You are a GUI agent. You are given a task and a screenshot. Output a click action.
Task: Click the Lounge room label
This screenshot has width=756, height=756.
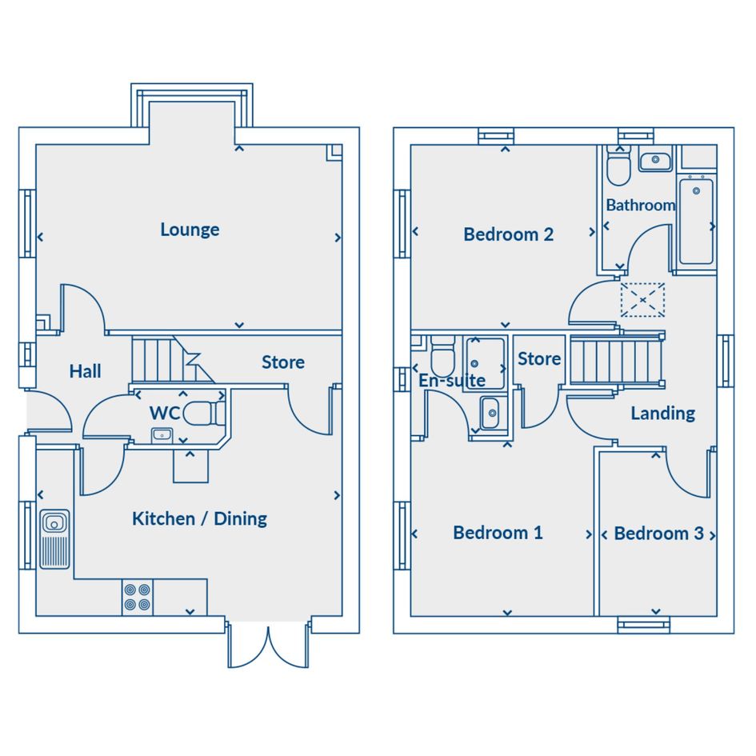[190, 230]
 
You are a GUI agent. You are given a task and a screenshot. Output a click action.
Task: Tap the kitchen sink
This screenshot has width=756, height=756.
[54, 539]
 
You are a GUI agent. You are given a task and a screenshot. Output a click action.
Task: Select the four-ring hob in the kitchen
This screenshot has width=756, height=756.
[137, 598]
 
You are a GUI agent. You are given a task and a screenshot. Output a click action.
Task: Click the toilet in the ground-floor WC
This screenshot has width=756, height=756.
[204, 413]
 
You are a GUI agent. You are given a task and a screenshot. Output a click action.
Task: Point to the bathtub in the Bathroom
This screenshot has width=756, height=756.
[696, 222]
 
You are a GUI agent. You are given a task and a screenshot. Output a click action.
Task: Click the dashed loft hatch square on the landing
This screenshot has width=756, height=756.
[642, 300]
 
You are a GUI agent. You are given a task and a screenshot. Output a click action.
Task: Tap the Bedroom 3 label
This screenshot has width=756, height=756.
[658, 534]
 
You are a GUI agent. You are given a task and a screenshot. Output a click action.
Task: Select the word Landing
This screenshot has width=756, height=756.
[663, 414]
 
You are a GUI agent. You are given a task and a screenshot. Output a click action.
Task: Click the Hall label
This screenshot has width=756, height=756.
[85, 371]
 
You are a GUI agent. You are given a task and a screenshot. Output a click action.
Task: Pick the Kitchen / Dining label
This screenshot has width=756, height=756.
[199, 518]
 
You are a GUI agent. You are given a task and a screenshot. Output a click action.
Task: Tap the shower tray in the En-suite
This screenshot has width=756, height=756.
[485, 363]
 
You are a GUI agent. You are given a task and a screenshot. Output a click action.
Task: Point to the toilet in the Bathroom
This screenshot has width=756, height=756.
[618, 166]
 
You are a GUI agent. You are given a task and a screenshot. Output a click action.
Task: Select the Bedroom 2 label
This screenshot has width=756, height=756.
[508, 234]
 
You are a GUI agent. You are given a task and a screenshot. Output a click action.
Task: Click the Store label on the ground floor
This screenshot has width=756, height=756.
[283, 362]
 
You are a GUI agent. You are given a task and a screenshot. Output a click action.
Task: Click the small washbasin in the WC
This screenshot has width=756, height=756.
[162, 435]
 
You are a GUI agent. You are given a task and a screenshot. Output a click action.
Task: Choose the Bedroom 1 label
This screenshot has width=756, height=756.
[498, 533]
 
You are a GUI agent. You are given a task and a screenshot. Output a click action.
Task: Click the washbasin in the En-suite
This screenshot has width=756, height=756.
[490, 413]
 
